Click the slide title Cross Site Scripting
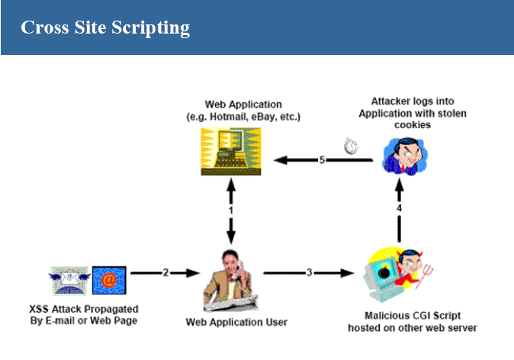point(105,27)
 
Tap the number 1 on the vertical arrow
point(231,211)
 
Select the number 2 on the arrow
point(166,272)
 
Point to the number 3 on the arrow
point(309,272)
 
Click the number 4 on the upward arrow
point(399,208)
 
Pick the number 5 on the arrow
point(323,159)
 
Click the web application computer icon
point(231,152)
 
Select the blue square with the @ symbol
point(109,281)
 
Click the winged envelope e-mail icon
point(69,281)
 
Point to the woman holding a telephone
point(230,281)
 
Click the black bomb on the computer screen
point(384,272)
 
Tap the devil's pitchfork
point(425,276)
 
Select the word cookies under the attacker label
point(413,125)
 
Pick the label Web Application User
point(236,323)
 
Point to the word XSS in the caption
point(39,309)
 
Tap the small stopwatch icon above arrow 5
point(351,146)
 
